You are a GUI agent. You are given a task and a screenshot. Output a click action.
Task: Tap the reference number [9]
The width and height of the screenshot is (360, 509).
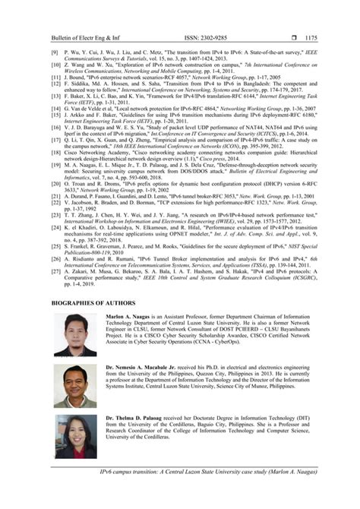[x=55, y=53]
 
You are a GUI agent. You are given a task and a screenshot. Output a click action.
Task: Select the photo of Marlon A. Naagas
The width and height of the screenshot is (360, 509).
[x=75, y=335]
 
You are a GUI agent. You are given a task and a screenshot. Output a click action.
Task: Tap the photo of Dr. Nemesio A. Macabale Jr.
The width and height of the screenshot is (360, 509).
[x=75, y=385]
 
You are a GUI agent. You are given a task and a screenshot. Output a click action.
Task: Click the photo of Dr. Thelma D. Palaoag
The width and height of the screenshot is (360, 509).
[x=75, y=435]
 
